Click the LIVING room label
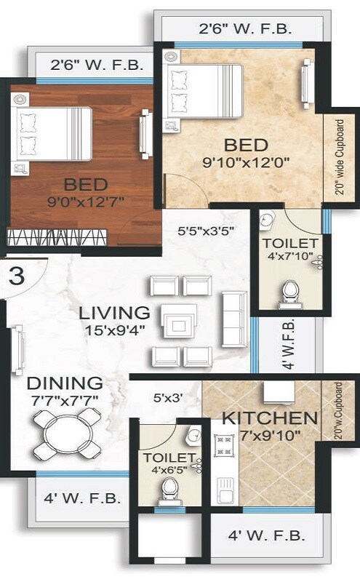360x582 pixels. [115, 314]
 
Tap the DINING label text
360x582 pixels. [64, 383]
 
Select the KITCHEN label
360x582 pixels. [270, 418]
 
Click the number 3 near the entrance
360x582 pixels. [15, 276]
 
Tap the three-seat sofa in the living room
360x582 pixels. [233, 320]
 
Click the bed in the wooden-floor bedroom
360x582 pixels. [51, 134]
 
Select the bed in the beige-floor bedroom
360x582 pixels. [204, 90]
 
